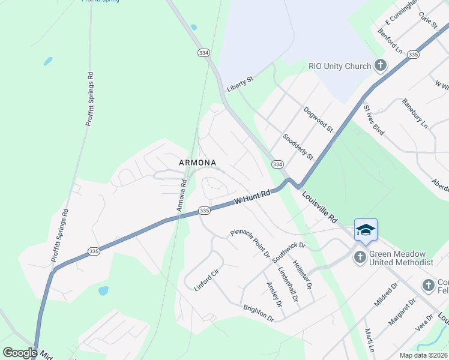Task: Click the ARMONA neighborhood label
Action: tap(197, 163)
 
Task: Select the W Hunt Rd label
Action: tap(253, 197)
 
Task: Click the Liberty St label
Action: tap(240, 84)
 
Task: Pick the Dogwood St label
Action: tap(318, 119)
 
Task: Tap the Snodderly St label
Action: tap(298, 146)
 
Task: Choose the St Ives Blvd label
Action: tap(373, 120)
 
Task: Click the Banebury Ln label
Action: tap(415, 113)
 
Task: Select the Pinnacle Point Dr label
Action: tap(250, 243)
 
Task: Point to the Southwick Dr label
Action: tap(289, 254)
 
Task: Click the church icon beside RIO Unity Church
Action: tap(380, 65)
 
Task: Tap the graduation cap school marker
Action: tap(366, 230)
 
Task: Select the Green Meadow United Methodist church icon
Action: tap(360, 257)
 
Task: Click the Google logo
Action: tap(20, 353)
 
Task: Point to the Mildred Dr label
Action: tap(385, 295)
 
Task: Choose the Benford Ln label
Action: tap(390, 40)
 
